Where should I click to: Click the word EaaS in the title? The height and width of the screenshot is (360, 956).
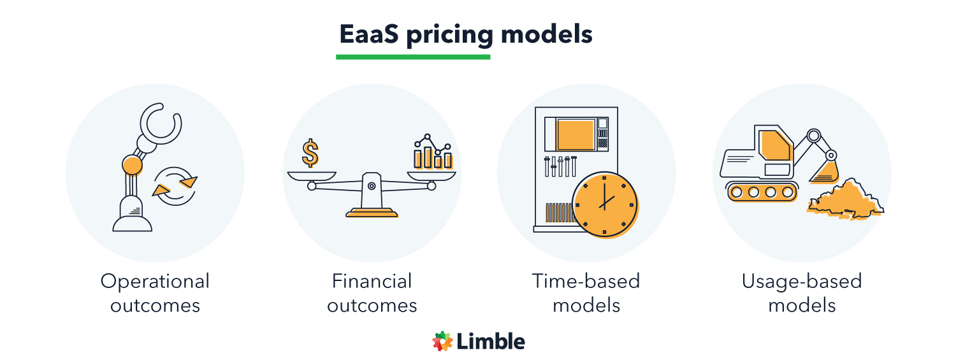(x=367, y=34)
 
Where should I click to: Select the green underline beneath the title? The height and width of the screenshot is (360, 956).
(x=413, y=57)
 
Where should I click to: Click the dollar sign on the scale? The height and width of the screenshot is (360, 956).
(x=310, y=154)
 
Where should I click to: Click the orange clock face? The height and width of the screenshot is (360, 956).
(x=604, y=204)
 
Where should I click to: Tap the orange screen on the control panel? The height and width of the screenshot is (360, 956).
(x=576, y=134)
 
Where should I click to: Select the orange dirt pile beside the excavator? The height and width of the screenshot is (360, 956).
(x=844, y=199)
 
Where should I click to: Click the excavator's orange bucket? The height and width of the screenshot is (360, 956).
(x=827, y=170)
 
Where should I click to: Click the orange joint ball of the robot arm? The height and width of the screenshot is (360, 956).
(x=132, y=165)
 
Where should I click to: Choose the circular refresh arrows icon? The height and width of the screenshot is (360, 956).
(x=175, y=186)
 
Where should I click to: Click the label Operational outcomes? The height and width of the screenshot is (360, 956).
(x=155, y=293)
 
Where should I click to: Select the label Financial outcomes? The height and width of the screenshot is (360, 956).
(x=372, y=293)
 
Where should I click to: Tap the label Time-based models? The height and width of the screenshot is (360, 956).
(x=586, y=293)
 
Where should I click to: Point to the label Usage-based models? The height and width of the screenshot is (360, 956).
(x=802, y=293)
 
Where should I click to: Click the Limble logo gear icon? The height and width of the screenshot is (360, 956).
(x=442, y=342)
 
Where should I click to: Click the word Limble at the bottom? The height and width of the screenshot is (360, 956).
(x=491, y=342)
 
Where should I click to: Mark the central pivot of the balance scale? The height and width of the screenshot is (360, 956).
(x=372, y=185)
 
